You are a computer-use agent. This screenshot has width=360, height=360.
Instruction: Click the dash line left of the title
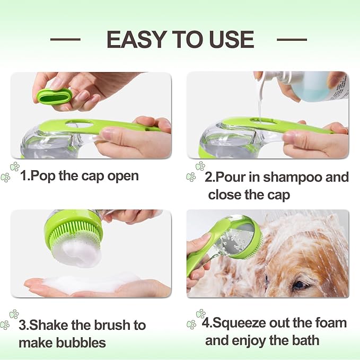[x=65, y=39]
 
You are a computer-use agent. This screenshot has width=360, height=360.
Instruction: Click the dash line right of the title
[x=292, y=39]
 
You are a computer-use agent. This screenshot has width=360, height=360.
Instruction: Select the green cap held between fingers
[x=54, y=95]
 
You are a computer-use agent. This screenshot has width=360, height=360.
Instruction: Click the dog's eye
[x=300, y=285]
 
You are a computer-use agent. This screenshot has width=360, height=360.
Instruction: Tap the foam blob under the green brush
[x=77, y=254]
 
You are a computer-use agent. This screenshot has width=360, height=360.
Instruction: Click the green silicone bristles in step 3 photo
[x=74, y=234]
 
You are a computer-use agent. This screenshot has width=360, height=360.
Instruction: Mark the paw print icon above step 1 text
[x=14, y=166]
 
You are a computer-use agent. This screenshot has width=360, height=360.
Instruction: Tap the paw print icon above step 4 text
[x=200, y=314]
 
